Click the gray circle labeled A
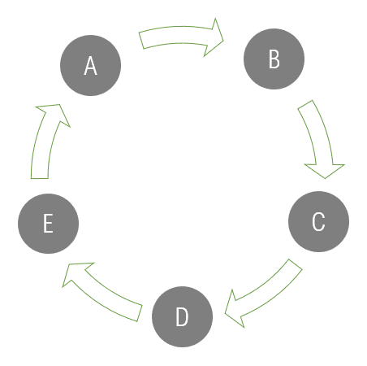(90, 65)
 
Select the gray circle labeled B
(274, 59)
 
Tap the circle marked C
(318, 221)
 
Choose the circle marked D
(182, 316)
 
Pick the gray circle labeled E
(48, 224)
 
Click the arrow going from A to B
(179, 35)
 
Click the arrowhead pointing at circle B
(214, 37)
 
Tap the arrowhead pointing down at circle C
(325, 170)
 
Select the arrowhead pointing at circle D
(233, 310)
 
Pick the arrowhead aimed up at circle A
(54, 114)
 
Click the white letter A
(90, 66)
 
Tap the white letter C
(318, 221)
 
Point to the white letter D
(182, 316)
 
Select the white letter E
(48, 224)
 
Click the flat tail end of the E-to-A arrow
(40, 178)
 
